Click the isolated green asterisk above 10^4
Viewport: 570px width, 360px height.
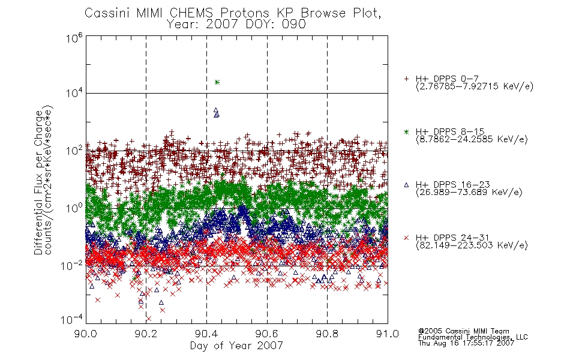pyautogui.click(x=217, y=82)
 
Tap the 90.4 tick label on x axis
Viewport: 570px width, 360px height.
pyautogui.click(x=206, y=334)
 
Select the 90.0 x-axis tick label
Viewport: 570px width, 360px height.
pyautogui.click(x=85, y=334)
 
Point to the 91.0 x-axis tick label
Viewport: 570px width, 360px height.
pyautogui.click(x=388, y=334)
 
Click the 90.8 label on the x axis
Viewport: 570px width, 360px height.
pyautogui.click(x=327, y=334)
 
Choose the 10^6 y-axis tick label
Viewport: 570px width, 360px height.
pyautogui.click(x=74, y=38)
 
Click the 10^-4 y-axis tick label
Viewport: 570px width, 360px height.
pyautogui.click(x=73, y=319)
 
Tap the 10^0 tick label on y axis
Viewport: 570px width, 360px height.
pyautogui.click(x=74, y=208)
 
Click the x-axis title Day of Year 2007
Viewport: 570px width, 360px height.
pyautogui.click(x=236, y=346)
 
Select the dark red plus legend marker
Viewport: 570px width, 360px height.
pyautogui.click(x=406, y=79)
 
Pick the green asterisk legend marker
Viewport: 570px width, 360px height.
pyautogui.click(x=406, y=131)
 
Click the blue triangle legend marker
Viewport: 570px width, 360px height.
pyautogui.click(x=406, y=185)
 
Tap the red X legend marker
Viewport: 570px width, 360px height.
pyautogui.click(x=406, y=238)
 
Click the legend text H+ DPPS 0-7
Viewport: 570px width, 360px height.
pyautogui.click(x=447, y=79)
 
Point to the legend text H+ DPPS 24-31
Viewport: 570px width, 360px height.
pyautogui.click(x=452, y=238)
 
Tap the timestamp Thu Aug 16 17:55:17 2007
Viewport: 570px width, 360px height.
pyautogui.click(x=466, y=343)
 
